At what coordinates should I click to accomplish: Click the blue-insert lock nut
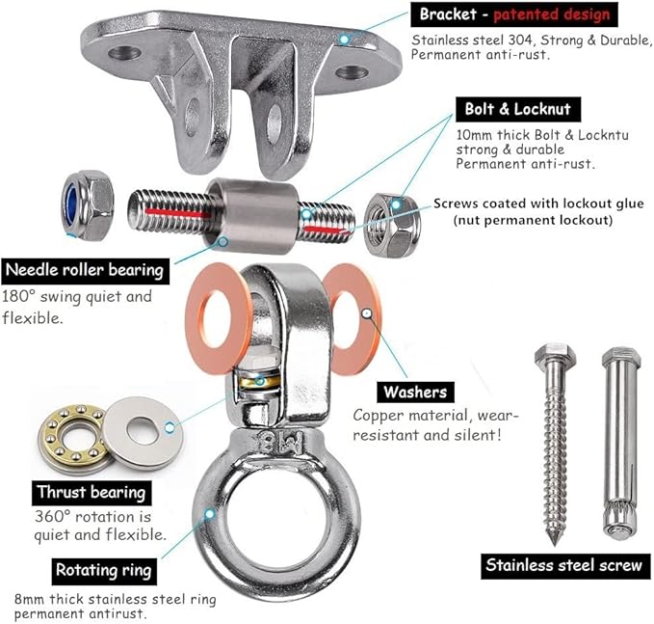click(x=88, y=205)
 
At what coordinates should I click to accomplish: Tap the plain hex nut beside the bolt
click(x=392, y=226)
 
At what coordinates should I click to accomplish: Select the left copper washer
click(x=218, y=318)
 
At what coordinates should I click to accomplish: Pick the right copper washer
click(x=353, y=319)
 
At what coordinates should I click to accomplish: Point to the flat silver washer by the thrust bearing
click(x=143, y=433)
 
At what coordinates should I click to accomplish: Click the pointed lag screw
click(x=555, y=444)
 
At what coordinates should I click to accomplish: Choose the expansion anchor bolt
click(x=620, y=444)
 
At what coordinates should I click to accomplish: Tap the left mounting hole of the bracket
click(x=124, y=53)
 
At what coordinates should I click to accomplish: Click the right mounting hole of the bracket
click(x=352, y=72)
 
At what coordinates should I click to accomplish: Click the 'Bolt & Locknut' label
click(x=517, y=109)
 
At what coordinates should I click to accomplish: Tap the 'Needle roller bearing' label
click(x=85, y=271)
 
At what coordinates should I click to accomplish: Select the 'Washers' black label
click(x=415, y=392)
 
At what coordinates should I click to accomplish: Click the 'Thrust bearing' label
click(x=92, y=493)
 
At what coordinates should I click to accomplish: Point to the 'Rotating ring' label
click(x=104, y=571)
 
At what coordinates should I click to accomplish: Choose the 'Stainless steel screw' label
click(x=565, y=566)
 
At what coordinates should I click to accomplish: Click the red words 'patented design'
click(x=551, y=14)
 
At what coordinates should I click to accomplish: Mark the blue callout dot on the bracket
click(x=344, y=40)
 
